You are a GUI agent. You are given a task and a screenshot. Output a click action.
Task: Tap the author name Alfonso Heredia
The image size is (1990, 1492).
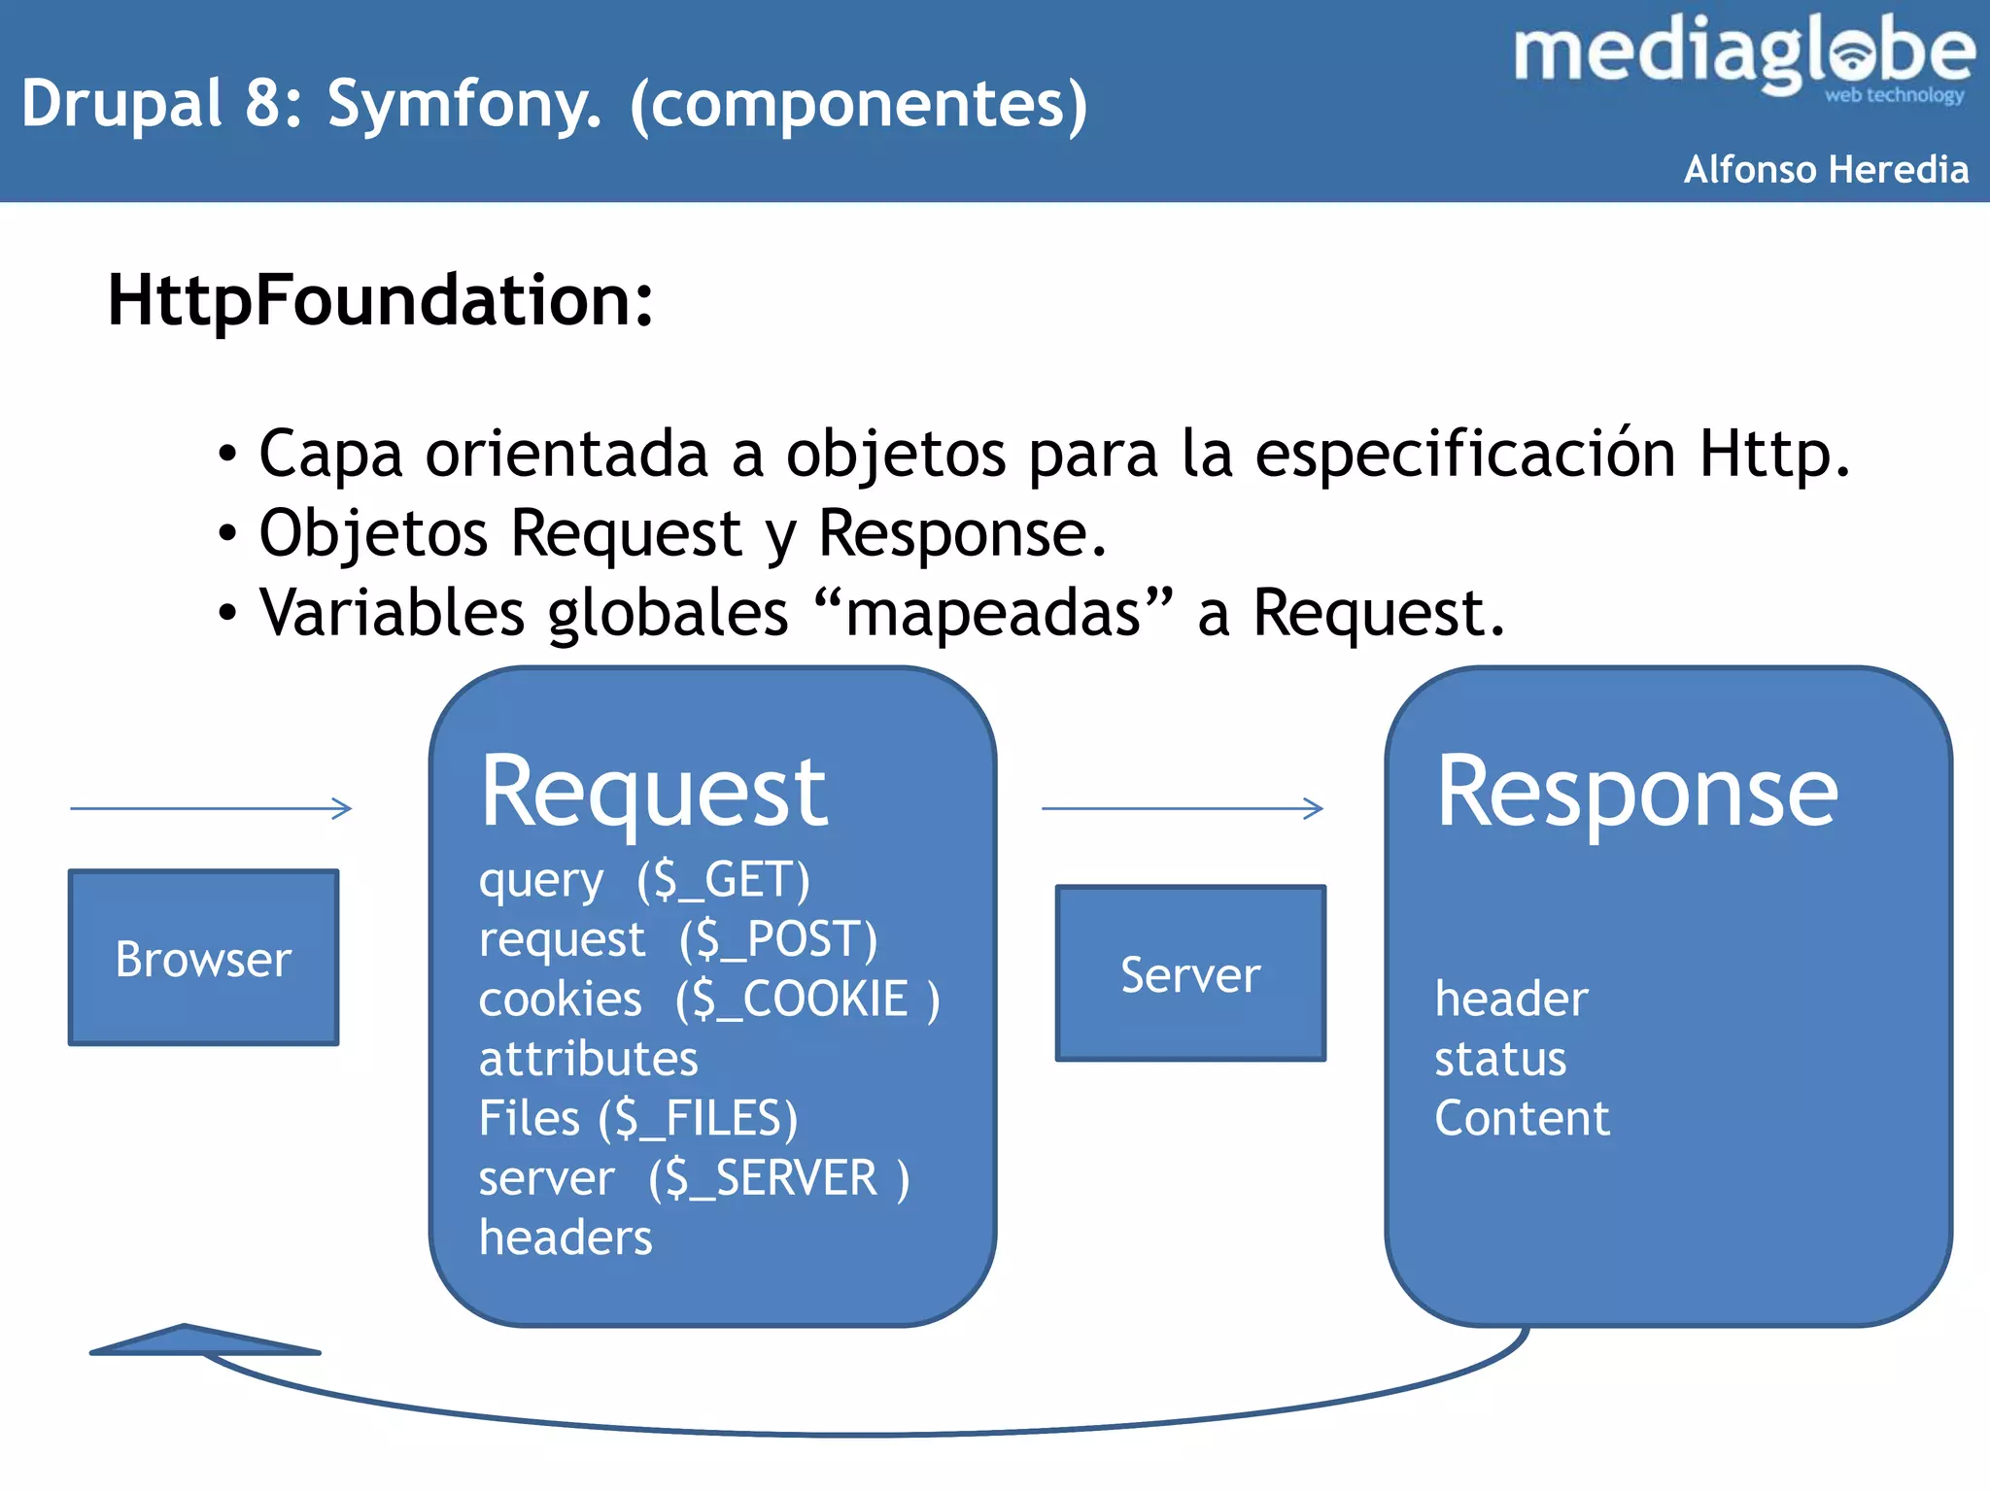[1826, 170]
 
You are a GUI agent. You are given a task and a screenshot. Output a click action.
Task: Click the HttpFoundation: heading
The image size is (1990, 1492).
[380, 300]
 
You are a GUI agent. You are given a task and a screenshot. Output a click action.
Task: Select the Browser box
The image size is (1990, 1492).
[203, 958]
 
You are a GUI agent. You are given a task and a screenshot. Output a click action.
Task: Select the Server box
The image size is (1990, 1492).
[1190, 973]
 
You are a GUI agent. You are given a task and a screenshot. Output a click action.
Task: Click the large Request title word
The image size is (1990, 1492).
[653, 794]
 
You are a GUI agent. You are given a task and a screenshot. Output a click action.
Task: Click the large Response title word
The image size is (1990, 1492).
[1636, 794]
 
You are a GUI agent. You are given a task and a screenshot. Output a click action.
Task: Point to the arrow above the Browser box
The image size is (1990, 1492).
[211, 808]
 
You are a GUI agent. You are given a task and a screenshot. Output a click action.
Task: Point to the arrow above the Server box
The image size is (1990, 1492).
[1183, 808]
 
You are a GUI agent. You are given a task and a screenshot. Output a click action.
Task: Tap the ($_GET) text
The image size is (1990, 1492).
[723, 881]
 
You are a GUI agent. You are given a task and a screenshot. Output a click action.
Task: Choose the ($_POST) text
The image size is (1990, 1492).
[778, 940]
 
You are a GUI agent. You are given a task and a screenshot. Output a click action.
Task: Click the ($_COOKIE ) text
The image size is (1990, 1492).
[807, 1000]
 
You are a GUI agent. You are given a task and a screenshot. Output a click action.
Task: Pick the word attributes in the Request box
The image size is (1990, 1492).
[588, 1059]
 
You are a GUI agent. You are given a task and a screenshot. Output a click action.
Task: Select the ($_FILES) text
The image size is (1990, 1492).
[698, 1118]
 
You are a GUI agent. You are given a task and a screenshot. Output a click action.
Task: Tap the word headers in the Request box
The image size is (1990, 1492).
[566, 1238]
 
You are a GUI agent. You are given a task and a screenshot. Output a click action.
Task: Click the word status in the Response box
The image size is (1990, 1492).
[1500, 1059]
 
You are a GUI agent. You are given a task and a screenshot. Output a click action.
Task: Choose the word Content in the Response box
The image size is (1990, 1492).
[1522, 1118]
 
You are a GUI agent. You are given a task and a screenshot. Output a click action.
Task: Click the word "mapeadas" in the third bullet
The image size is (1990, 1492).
[993, 614]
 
